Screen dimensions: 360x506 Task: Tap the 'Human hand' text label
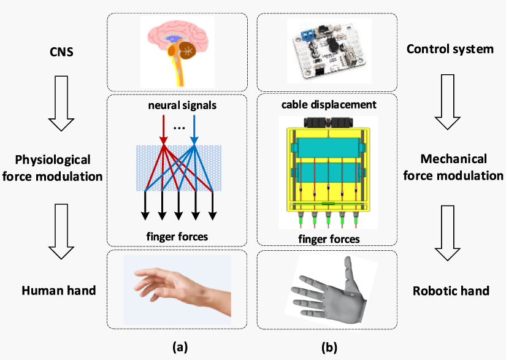point(59,290)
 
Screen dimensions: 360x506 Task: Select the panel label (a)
point(179,347)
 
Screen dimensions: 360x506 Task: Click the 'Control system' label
point(450,48)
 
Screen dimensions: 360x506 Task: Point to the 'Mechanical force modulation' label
point(453,167)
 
